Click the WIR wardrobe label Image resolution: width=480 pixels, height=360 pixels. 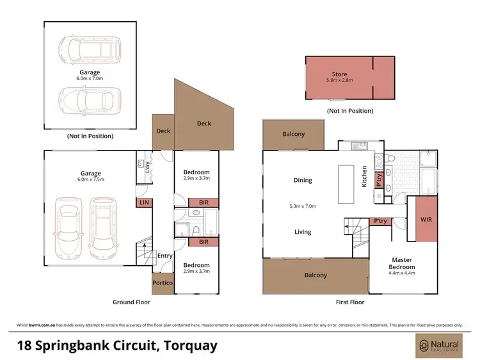click(426, 219)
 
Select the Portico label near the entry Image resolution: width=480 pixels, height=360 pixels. click(162, 282)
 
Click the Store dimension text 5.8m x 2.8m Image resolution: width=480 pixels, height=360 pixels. click(339, 81)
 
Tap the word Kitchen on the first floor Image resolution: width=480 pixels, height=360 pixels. click(364, 176)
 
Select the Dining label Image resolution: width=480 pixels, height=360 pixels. click(303, 180)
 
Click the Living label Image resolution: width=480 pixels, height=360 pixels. click(303, 232)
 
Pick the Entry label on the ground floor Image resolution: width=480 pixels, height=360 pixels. click(165, 256)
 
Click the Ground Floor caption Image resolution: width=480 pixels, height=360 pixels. click(132, 302)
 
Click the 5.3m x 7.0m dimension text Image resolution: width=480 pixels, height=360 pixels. click(303, 206)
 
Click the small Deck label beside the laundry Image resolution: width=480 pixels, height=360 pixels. click(163, 131)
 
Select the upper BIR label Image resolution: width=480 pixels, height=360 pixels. click(204, 203)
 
